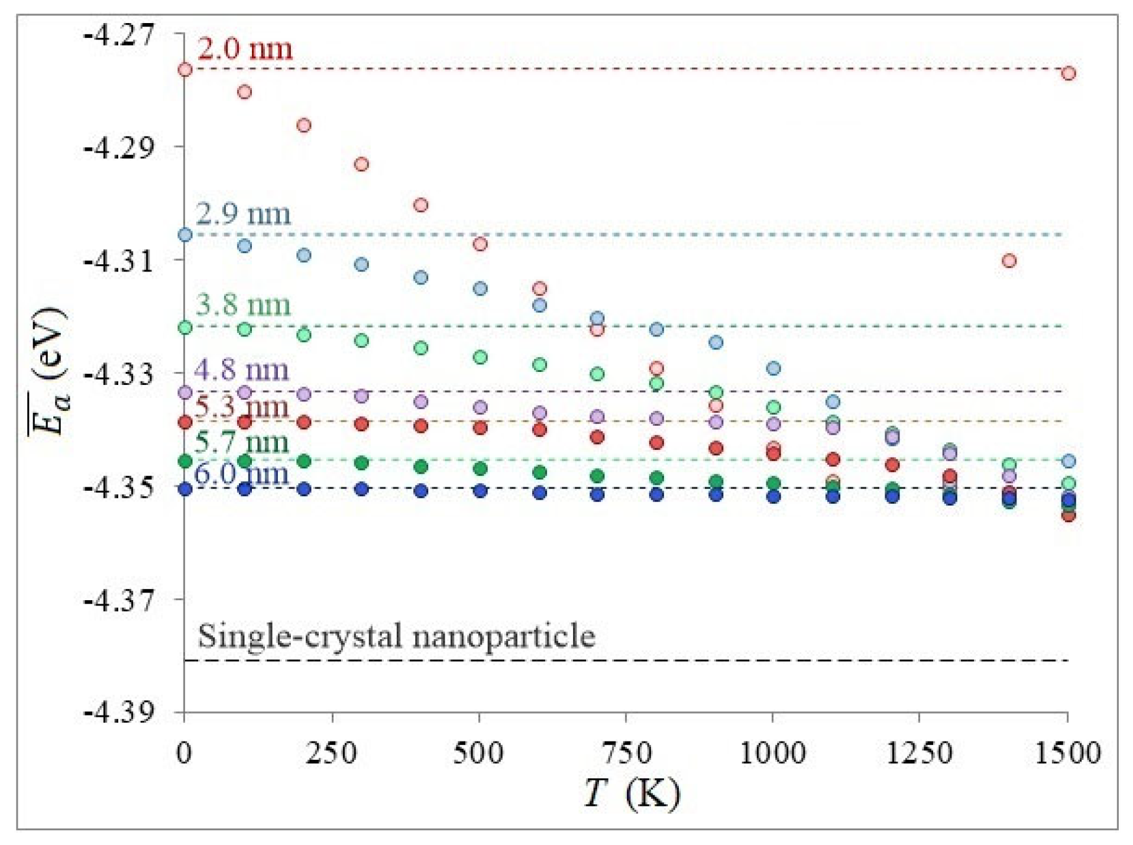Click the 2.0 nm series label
tap(244, 48)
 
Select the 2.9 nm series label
tap(243, 214)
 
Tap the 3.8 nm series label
tap(243, 305)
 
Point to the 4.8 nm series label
tap(241, 370)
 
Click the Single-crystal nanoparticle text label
tap(396, 636)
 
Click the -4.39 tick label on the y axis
tap(119, 712)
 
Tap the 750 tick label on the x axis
tap(626, 753)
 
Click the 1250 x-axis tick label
tap(919, 753)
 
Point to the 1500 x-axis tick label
tap(1067, 753)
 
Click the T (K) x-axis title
tap(632, 794)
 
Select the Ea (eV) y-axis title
tap(50, 371)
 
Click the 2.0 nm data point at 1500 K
tap(1068, 73)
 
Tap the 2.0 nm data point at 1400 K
tap(1009, 261)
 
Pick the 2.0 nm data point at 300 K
tap(361, 164)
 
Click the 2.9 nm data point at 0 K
tap(185, 235)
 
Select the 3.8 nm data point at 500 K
tap(480, 357)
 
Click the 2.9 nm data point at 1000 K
tap(773, 368)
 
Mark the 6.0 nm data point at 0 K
tap(185, 489)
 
